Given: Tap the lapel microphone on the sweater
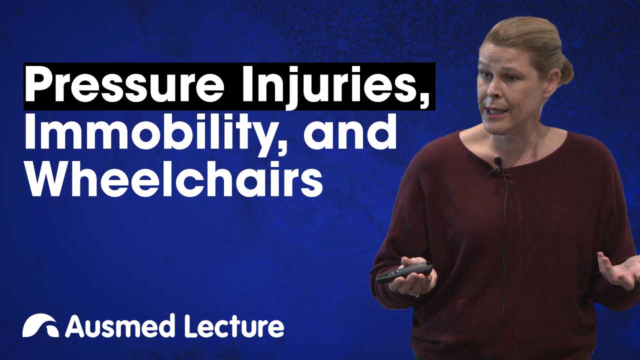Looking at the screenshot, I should click(497, 163).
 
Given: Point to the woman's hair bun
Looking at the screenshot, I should click(564, 70).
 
